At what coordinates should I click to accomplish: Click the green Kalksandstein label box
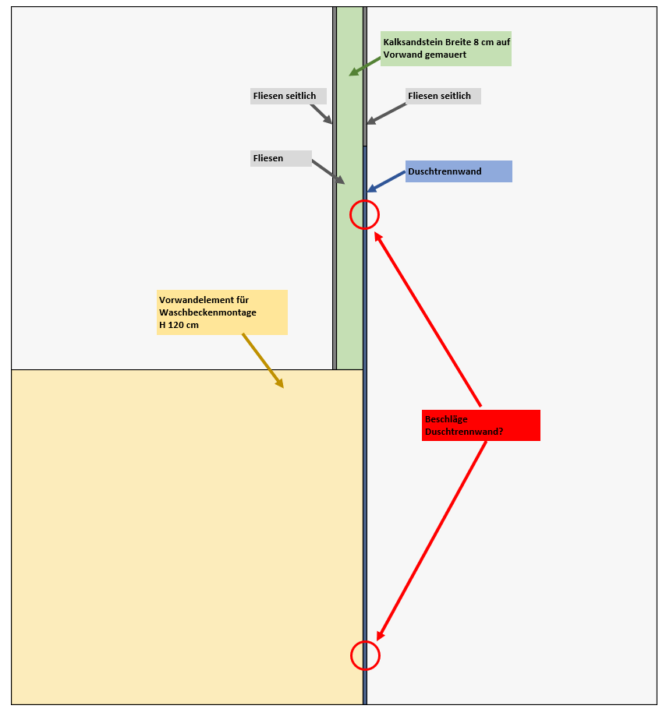(446, 48)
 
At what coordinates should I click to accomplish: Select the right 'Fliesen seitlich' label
(443, 96)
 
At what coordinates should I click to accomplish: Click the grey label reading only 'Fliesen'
(281, 158)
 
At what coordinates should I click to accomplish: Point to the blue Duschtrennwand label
(459, 171)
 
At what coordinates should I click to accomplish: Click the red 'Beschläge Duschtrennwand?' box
(480, 425)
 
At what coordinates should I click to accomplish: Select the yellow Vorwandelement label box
(222, 312)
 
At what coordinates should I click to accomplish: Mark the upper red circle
(364, 214)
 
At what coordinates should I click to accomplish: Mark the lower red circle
(364, 655)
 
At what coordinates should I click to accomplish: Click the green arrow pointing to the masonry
(364, 65)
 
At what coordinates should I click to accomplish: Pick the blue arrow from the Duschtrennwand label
(386, 182)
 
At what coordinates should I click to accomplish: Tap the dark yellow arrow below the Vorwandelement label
(263, 361)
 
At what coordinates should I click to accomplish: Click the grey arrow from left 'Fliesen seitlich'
(321, 114)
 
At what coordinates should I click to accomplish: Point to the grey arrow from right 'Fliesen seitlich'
(387, 114)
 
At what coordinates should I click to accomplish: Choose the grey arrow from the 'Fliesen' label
(328, 172)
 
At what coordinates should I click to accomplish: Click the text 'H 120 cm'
(179, 325)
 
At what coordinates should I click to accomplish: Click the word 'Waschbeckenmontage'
(207, 312)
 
